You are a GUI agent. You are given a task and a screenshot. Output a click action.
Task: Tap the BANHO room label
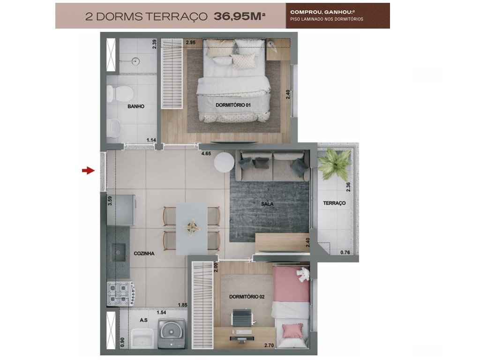pyautogui.click(x=136, y=106)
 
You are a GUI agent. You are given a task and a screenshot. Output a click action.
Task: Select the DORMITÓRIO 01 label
pyautogui.click(x=233, y=105)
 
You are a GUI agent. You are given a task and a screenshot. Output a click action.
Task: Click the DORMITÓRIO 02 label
pyautogui.click(x=247, y=297)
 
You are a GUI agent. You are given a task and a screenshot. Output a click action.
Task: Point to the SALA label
pyautogui.click(x=268, y=204)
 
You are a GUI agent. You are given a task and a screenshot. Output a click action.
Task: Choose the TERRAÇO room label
pyautogui.click(x=334, y=203)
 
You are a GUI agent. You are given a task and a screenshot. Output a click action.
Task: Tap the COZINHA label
pyautogui.click(x=144, y=254)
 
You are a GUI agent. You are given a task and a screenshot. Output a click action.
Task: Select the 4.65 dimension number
pyautogui.click(x=206, y=153)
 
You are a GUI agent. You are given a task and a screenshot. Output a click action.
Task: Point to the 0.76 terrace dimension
pyautogui.click(x=345, y=253)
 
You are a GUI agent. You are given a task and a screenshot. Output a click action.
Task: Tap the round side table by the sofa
pyautogui.click(x=224, y=163)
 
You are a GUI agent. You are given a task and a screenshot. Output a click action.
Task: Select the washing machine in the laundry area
pyautogui.click(x=171, y=333)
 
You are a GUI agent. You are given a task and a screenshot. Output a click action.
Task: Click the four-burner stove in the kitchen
pyautogui.click(x=120, y=293)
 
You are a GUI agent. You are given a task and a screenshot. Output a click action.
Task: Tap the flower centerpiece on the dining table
pyautogui.click(x=191, y=226)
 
